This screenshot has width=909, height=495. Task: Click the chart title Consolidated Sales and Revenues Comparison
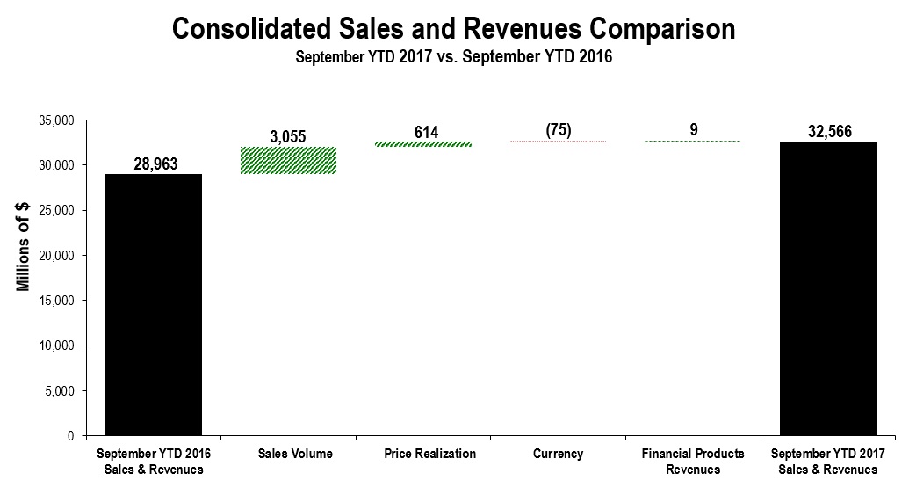(x=453, y=29)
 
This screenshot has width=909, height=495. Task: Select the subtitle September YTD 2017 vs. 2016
(x=453, y=58)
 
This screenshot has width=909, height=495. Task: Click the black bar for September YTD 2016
(x=154, y=304)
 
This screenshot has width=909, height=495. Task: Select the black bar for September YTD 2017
(x=828, y=288)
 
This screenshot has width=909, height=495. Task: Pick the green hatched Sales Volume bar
(x=289, y=160)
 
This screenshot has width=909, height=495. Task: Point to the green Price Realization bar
(x=424, y=144)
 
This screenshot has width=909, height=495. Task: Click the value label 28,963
(x=154, y=164)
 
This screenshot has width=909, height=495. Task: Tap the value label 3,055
(x=289, y=137)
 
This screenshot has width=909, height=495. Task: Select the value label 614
(x=426, y=132)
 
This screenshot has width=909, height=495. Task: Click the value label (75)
(x=558, y=130)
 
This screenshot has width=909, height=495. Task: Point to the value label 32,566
(x=828, y=131)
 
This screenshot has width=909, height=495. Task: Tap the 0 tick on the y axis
(x=70, y=436)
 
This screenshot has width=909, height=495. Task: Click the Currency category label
(x=558, y=454)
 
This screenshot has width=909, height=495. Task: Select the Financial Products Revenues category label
(x=693, y=462)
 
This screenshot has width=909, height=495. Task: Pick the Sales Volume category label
(x=289, y=454)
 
